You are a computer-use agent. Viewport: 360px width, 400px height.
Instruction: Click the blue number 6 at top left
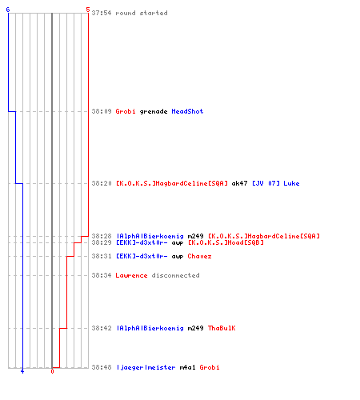pyautogui.click(x=8, y=10)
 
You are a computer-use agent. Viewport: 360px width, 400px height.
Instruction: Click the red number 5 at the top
pyautogui.click(x=88, y=10)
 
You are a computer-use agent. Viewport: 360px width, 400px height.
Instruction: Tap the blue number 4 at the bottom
pyautogui.click(x=22, y=371)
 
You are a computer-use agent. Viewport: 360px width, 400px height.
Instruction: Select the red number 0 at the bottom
pyautogui.click(x=52, y=371)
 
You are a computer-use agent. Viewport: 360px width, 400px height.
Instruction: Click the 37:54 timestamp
pyautogui.click(x=102, y=13)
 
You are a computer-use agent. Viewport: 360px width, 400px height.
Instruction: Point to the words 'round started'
pyautogui.click(x=142, y=13)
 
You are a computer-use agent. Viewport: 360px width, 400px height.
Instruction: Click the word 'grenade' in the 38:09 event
pyautogui.click(x=154, y=112)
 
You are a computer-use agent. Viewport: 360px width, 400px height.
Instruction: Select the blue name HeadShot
pyautogui.click(x=187, y=111)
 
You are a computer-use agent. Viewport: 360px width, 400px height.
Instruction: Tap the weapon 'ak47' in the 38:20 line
pyautogui.click(x=239, y=183)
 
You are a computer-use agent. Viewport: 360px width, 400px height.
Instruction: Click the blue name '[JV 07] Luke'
pyautogui.click(x=276, y=183)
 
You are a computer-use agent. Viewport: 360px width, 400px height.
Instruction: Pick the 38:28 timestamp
pyautogui.click(x=102, y=236)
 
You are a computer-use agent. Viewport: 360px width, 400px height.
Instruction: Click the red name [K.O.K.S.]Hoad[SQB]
pyautogui.click(x=226, y=242)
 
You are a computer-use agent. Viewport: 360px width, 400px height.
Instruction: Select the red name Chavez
pyautogui.click(x=199, y=256)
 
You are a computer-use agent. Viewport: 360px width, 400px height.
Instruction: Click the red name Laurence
pyautogui.click(x=131, y=275)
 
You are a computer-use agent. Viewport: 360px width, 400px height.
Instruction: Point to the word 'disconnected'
pyautogui.click(x=175, y=275)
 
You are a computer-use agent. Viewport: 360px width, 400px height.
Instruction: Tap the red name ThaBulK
pyautogui.click(x=222, y=328)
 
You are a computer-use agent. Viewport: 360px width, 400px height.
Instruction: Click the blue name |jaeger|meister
pyautogui.click(x=146, y=367)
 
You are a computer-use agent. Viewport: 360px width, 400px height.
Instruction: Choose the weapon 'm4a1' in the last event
pyautogui.click(x=187, y=367)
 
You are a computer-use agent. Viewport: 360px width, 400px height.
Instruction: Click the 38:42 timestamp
pyautogui.click(x=102, y=328)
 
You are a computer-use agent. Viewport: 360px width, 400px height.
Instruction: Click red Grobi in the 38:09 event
pyautogui.click(x=126, y=111)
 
